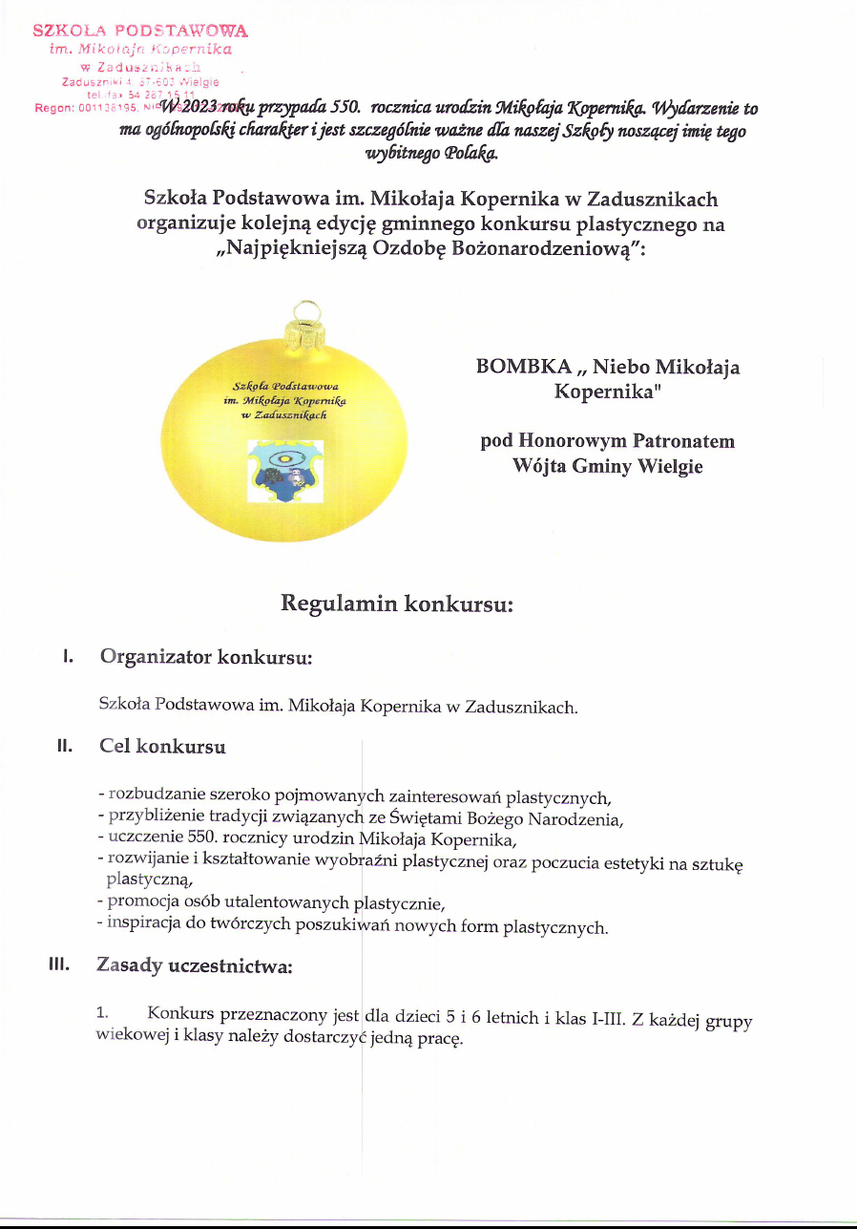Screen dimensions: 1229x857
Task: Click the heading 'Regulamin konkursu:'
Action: (397, 604)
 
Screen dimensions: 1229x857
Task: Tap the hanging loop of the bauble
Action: (306, 311)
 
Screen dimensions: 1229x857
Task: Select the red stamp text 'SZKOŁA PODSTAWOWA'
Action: (140, 32)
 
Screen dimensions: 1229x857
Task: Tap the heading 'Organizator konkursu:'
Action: (206, 658)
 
